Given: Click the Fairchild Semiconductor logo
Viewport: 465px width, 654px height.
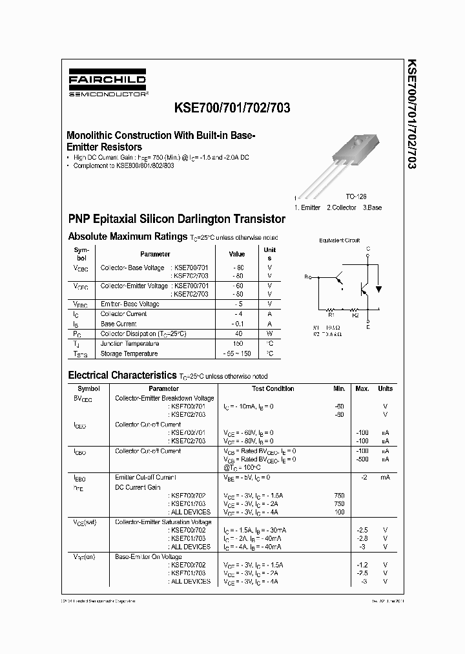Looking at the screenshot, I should (x=108, y=85).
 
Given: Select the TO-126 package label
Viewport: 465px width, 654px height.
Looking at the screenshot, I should (x=355, y=196).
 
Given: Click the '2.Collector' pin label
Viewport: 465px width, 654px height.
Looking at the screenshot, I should (x=342, y=207).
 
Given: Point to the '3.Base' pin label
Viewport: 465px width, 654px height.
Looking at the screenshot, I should (x=371, y=207).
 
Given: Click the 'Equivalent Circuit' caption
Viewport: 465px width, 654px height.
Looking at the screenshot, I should (x=340, y=240).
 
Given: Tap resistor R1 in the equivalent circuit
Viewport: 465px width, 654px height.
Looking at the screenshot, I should (x=331, y=309).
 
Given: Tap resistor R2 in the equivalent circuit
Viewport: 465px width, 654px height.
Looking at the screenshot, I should (x=355, y=309).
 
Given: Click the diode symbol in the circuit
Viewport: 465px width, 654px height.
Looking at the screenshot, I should (x=378, y=289).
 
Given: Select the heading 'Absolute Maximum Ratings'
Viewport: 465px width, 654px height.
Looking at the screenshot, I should (x=128, y=237).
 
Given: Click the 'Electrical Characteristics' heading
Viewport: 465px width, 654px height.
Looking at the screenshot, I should (x=122, y=375).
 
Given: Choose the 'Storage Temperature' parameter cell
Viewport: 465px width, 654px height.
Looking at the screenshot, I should (x=129, y=354).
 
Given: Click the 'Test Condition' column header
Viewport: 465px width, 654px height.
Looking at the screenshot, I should (x=273, y=388).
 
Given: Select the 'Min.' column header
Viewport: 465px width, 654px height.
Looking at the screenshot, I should (x=339, y=388).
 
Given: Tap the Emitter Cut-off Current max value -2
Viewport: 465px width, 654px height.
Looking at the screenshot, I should (x=364, y=477).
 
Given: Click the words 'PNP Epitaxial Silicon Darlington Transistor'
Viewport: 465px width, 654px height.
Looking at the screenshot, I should (x=176, y=219).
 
